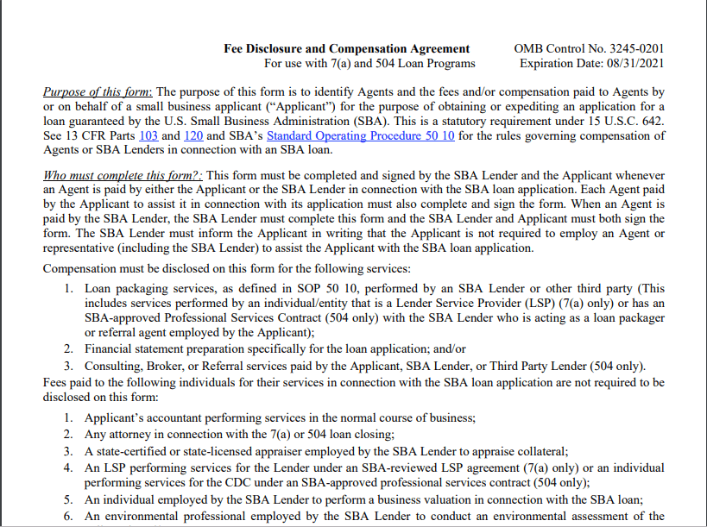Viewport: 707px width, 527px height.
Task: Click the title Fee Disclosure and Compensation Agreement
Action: (346, 48)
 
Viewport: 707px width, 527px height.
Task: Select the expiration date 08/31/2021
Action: (628, 63)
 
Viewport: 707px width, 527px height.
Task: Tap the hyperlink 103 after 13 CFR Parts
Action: (147, 135)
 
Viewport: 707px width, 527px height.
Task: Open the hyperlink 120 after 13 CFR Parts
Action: (193, 135)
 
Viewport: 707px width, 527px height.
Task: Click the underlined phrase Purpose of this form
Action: (98, 91)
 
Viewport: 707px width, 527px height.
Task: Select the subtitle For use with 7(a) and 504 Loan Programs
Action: (369, 63)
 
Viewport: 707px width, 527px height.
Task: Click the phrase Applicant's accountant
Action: (140, 417)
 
